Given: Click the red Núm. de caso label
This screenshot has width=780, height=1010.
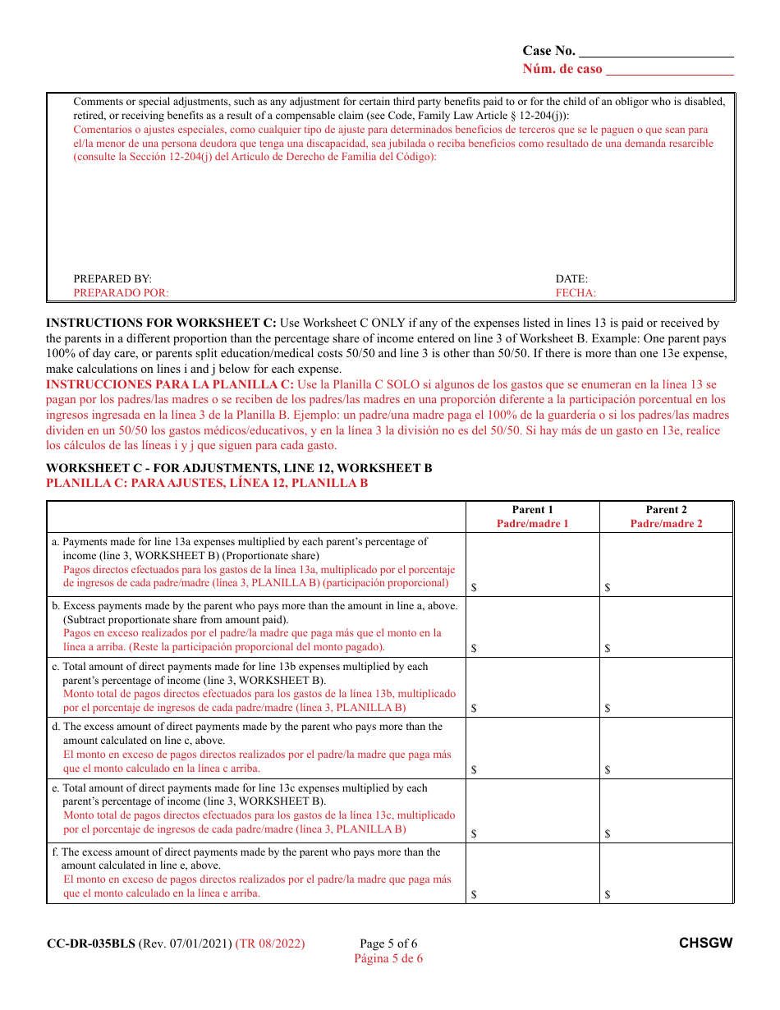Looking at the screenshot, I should coord(562,69).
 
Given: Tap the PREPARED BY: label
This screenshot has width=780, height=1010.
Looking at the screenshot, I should coord(112,279).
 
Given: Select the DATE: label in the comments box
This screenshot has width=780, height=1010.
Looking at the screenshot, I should coord(571,279).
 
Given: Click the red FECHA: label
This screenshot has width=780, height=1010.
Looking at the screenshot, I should coord(576,293).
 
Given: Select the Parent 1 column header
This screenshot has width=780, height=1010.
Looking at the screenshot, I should coord(532,510).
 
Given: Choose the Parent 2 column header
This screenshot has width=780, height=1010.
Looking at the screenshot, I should coord(666,510).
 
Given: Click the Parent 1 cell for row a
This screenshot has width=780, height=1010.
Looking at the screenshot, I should coord(532,565).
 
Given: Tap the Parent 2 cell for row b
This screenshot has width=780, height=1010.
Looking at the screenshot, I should coord(666,627).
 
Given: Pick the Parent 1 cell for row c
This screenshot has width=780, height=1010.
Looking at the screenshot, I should coord(532,687).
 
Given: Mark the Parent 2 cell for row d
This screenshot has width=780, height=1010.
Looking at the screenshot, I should coord(666,748).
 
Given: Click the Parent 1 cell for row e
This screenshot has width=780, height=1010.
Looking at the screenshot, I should coord(532,810).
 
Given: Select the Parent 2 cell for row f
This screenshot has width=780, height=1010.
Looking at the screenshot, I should coord(666,873).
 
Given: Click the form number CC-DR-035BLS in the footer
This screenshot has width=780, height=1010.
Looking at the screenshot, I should coord(91,943).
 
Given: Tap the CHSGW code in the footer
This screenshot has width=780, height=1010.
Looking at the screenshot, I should coord(705,943).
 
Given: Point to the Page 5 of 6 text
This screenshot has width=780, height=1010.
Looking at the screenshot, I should coord(388,943).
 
